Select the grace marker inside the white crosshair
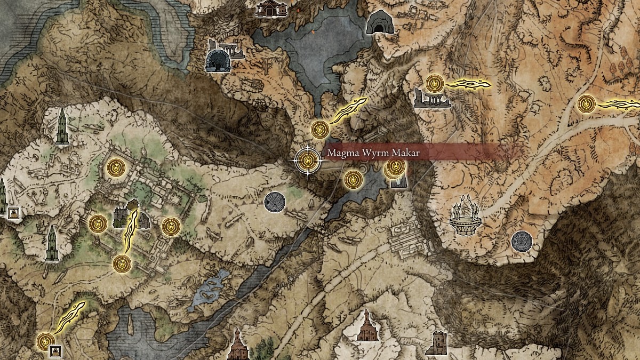[307, 160]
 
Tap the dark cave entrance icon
[377, 23]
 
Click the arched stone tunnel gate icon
[217, 59]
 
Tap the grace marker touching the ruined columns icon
[435, 84]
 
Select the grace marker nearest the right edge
[586, 103]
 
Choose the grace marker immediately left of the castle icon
[98, 223]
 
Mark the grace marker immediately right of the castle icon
[171, 226]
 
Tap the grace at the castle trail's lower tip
[121, 262]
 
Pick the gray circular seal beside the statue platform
[521, 241]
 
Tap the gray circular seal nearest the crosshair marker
[275, 202]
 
